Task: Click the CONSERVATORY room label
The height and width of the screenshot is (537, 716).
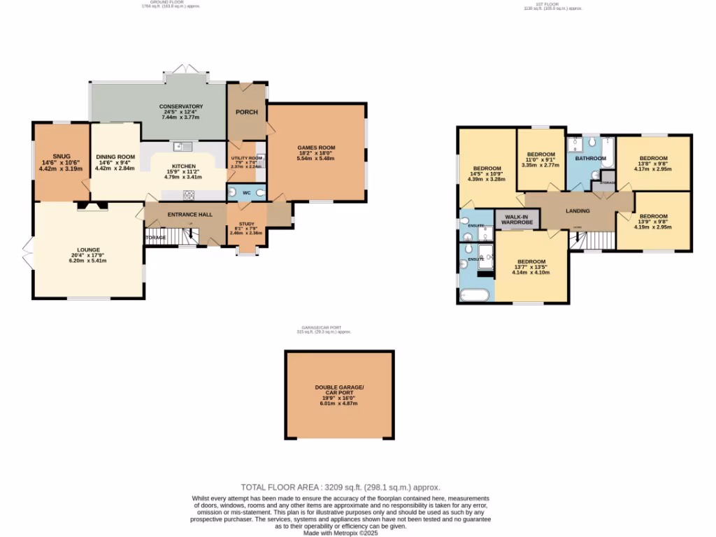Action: click(180, 106)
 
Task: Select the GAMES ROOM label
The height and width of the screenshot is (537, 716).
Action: click(316, 148)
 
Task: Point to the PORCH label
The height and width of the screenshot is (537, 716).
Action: click(246, 112)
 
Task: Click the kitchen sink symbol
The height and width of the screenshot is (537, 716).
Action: click(184, 145)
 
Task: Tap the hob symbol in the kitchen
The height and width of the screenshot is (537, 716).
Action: click(189, 195)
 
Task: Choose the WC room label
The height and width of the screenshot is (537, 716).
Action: click(246, 192)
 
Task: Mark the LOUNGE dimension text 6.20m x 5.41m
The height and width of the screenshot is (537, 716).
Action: click(87, 261)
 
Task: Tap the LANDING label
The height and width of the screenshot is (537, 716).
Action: click(578, 210)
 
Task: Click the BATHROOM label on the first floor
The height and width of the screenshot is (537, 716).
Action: click(589, 159)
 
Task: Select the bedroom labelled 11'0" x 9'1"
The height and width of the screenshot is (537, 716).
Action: click(540, 155)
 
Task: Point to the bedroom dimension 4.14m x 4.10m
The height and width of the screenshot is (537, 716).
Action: click(531, 273)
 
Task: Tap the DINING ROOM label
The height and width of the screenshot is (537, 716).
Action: click(115, 157)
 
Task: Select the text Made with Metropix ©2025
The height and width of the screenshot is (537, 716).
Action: click(341, 533)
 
